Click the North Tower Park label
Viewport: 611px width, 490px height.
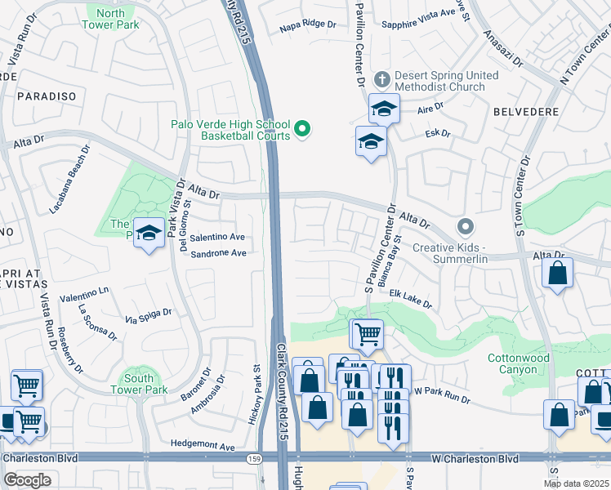[x=110, y=19]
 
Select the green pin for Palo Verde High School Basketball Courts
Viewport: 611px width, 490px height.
[x=302, y=129]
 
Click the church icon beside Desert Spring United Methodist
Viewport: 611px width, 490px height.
[x=381, y=79]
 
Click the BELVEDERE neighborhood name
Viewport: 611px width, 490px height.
[x=526, y=111]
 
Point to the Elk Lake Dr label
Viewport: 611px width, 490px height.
[x=409, y=298]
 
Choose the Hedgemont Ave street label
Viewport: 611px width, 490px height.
[x=203, y=446]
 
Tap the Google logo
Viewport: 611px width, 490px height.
[x=27, y=480]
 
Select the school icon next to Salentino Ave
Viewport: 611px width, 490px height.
[x=149, y=234]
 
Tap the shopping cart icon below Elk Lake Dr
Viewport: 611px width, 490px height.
[x=368, y=332]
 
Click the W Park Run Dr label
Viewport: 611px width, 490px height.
[x=442, y=395]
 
